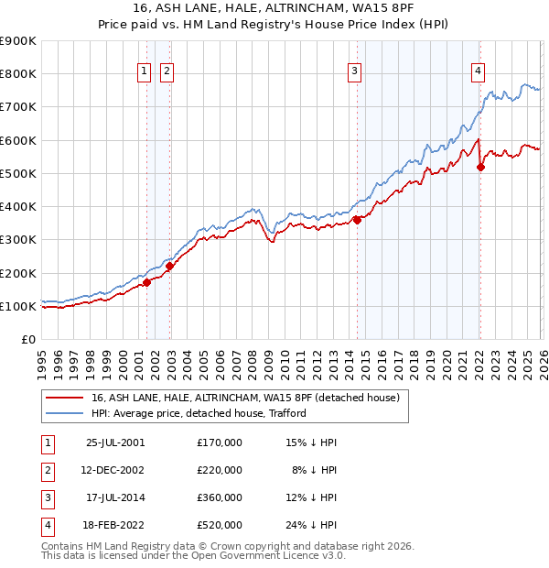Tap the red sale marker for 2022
(481, 167)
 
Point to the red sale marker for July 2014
(358, 220)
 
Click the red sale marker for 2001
(146, 283)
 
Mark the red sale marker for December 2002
(169, 267)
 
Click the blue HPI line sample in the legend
(64, 413)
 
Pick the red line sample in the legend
(64, 398)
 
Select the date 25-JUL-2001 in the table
(114, 442)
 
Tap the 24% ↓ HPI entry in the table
(310, 525)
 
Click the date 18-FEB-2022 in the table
(114, 525)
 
